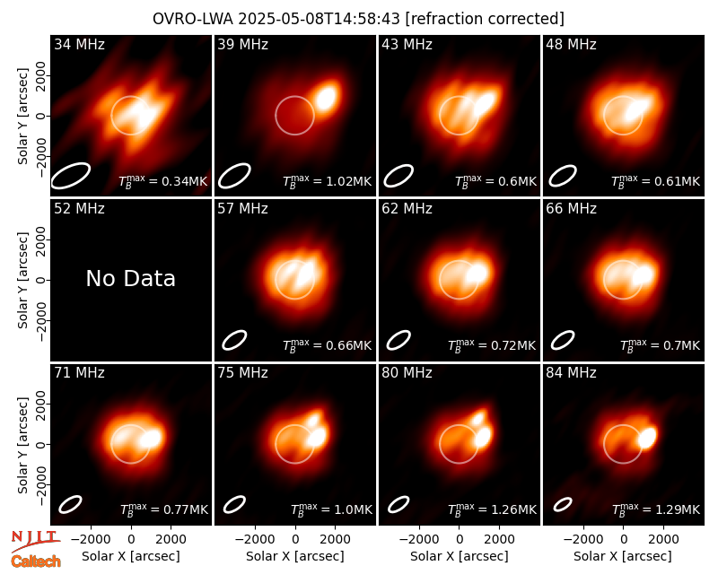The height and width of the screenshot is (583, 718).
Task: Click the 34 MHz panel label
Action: click(79, 44)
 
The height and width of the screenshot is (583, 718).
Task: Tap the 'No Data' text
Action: click(130, 278)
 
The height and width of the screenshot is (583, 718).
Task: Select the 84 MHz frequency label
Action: click(571, 373)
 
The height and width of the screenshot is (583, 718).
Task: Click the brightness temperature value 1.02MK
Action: click(348, 181)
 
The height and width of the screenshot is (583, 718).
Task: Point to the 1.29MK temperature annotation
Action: click(678, 509)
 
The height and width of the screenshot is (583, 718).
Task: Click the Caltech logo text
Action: click(36, 561)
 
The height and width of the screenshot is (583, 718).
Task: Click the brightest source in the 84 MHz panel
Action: click(647, 437)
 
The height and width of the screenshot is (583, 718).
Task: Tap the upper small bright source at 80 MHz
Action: click(478, 417)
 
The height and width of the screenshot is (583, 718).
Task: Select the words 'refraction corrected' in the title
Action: click(486, 19)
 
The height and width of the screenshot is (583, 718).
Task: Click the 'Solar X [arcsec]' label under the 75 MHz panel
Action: click(295, 556)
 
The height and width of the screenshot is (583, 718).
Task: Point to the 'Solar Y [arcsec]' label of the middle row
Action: click(23, 280)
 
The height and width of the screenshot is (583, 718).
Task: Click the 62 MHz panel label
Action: click(407, 209)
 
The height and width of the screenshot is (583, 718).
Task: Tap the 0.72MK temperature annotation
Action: click(512, 345)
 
